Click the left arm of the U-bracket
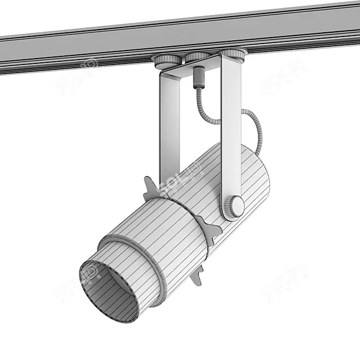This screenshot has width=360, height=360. click(170, 129)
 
